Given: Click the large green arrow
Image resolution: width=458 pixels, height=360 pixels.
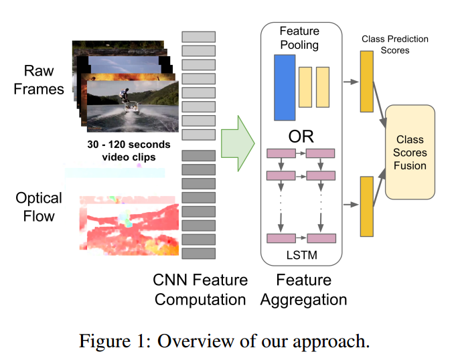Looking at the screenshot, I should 238,141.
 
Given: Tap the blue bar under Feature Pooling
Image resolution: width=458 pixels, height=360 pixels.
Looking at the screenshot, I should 284,88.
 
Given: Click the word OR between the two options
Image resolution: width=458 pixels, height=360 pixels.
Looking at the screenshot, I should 301,137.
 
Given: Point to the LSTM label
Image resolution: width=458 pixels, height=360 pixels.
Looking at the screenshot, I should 301,255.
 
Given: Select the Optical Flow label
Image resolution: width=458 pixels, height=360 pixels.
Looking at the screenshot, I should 39,207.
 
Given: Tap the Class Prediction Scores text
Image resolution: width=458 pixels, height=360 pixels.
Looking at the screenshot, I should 394,45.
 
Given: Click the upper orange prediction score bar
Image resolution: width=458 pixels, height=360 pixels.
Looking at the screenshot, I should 366,82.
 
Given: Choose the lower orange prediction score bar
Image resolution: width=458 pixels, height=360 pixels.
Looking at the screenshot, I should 366,206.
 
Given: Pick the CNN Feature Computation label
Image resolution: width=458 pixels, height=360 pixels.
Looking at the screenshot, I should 201,289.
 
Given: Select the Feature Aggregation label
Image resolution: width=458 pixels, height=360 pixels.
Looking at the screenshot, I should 303,289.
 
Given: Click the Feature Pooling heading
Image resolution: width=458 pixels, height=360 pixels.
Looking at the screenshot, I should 300,37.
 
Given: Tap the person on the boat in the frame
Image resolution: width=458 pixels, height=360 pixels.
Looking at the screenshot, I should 125,95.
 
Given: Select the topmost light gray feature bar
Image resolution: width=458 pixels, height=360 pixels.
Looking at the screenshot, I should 198,37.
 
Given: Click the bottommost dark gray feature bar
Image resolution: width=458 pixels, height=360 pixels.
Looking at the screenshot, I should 198,254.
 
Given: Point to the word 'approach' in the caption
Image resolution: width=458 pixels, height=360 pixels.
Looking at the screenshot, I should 331,342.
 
